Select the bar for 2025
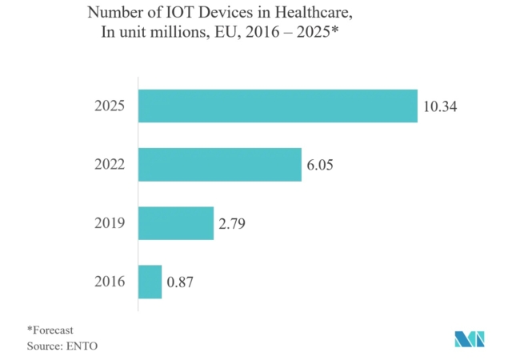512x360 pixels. pos(278,106)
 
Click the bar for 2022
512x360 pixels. pos(220,164)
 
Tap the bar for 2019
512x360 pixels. pos(176,223)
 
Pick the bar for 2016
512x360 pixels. pos(150,282)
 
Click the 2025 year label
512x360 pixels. pos(110,106)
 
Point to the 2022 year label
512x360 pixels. pos(110,165)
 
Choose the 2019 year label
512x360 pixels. pos(110,223)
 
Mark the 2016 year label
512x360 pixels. pos(110,282)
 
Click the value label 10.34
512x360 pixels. pos(440,106)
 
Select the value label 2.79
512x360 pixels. pos(231,223)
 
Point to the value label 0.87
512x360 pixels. pos(180,282)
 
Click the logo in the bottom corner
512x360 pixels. pos(470,338)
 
